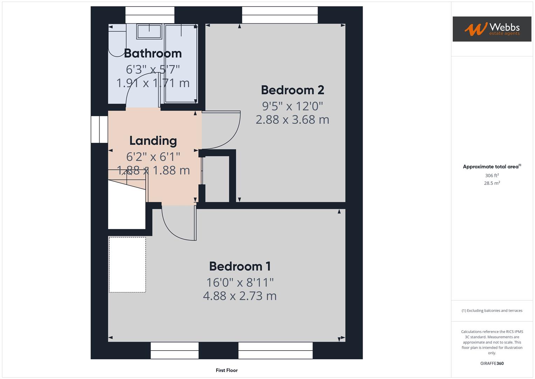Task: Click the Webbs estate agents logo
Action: click(x=492, y=29)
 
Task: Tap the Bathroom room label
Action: click(x=153, y=53)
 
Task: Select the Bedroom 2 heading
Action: click(x=292, y=90)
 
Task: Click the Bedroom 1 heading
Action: click(x=240, y=266)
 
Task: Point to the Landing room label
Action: click(x=153, y=141)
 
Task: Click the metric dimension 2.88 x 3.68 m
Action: click(x=292, y=120)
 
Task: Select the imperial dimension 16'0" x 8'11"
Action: click(x=240, y=282)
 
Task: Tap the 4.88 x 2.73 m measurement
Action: click(x=240, y=296)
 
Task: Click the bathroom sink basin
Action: click(x=149, y=32)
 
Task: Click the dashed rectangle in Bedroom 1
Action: click(x=127, y=265)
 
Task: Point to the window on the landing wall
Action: click(x=99, y=129)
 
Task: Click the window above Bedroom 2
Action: click(x=280, y=15)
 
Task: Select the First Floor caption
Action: click(x=226, y=370)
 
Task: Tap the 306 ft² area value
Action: click(x=492, y=175)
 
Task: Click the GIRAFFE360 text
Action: click(x=492, y=363)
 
